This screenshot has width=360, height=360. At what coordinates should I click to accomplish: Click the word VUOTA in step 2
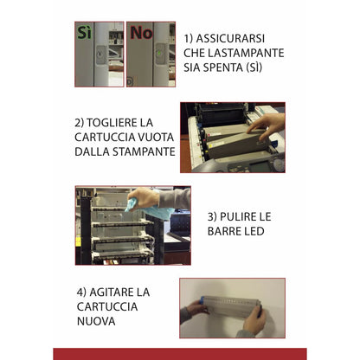coord(152,136)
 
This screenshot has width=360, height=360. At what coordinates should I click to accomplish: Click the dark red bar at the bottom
coord(180,353)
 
